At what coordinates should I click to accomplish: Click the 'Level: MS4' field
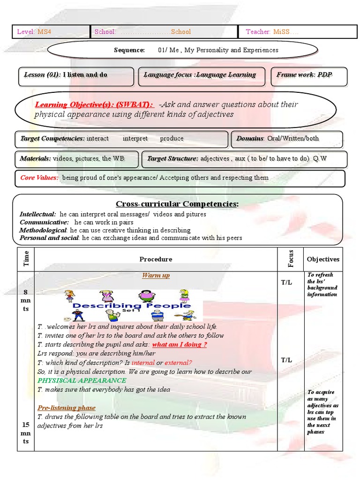33,32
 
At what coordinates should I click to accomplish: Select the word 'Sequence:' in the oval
129,50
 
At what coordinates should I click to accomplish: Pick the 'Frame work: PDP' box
304,75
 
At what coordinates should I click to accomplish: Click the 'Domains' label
250,139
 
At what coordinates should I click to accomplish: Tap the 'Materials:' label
35,159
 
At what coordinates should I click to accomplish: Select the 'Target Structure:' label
172,159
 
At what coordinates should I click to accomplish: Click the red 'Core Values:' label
39,178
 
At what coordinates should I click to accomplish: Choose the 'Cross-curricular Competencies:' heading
177,204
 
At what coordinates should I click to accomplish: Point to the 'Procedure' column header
156,259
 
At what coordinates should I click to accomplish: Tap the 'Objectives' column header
323,259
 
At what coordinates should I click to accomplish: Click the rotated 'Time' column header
26,259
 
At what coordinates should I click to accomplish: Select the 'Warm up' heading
156,275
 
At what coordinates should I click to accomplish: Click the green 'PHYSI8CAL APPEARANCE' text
82,380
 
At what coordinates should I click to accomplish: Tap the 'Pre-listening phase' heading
66,408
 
